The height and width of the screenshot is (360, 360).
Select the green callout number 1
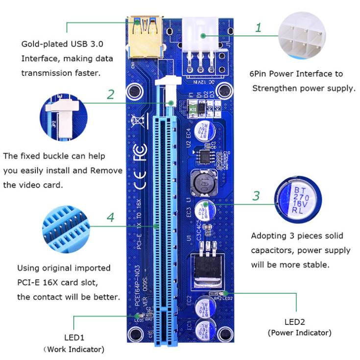click(258, 27)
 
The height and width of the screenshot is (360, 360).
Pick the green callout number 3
click(256, 196)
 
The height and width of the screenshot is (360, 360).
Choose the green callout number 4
click(111, 217)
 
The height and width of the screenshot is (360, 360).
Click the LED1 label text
click(74, 337)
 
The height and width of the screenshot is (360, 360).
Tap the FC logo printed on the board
click(139, 152)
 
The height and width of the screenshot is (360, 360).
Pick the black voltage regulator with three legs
click(206, 266)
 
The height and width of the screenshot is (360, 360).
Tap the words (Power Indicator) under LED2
click(299, 333)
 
